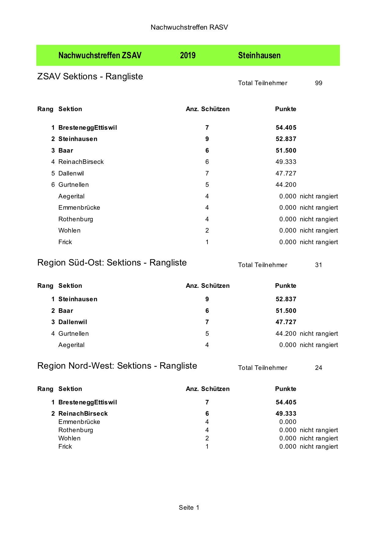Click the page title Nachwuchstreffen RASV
click(x=189, y=27)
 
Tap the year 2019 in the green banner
click(x=188, y=56)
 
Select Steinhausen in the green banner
click(x=259, y=56)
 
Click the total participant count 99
click(x=318, y=83)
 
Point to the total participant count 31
click(x=318, y=265)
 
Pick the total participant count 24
click(x=318, y=368)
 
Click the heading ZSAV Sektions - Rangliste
click(x=90, y=76)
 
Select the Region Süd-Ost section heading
click(x=112, y=262)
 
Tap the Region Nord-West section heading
click(x=117, y=366)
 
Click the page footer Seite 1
click(x=189, y=508)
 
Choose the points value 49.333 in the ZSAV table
click(x=286, y=162)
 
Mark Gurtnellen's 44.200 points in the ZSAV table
click(x=286, y=185)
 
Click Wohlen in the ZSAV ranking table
click(x=69, y=230)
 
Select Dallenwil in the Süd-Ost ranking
click(x=73, y=322)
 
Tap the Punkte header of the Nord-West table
click(x=285, y=389)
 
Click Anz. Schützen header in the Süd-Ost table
click(x=208, y=286)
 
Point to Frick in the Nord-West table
click(x=65, y=446)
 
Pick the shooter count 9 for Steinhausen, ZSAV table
click(x=207, y=139)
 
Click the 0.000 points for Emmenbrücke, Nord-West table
click(x=288, y=422)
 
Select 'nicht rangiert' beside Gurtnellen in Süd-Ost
click(x=319, y=334)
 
